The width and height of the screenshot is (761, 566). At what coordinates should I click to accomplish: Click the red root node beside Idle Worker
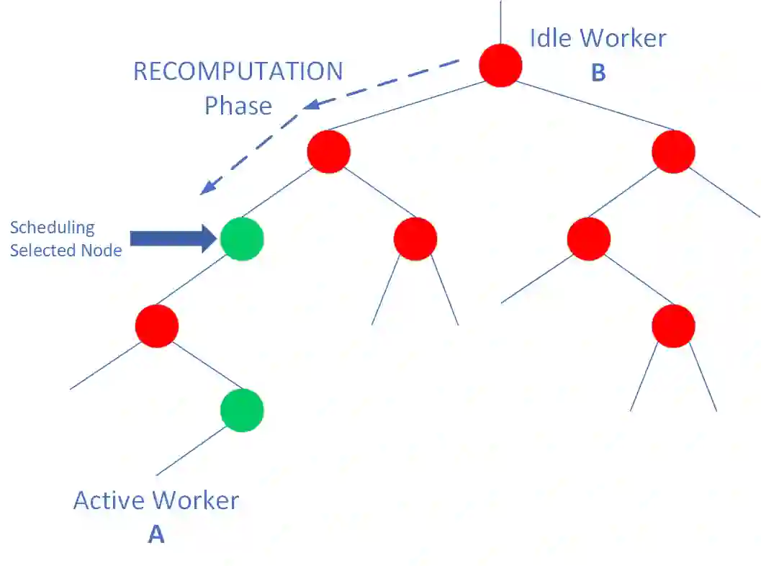click(500, 66)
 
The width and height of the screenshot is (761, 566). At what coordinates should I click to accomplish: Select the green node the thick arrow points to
click(242, 238)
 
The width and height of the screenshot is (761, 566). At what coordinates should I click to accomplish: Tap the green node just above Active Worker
click(242, 410)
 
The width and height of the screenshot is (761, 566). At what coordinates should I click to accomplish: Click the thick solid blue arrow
click(173, 238)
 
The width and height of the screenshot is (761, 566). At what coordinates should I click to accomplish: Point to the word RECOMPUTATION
click(238, 71)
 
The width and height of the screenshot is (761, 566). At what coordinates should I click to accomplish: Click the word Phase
click(238, 106)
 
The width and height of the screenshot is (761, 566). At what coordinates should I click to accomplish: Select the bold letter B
click(598, 73)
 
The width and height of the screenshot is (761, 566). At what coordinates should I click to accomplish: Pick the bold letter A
click(156, 534)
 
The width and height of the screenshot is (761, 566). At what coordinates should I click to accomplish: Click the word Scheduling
click(52, 228)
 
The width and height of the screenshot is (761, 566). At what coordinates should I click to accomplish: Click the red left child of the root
click(328, 152)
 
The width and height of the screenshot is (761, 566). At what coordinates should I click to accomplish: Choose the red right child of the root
click(673, 152)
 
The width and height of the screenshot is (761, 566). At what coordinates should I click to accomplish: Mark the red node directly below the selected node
click(156, 325)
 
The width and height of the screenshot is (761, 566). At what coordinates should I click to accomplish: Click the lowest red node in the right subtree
click(673, 326)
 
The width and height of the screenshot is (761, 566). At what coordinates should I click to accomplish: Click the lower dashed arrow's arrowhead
click(206, 189)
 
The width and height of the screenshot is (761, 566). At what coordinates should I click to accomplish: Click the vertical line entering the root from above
click(500, 22)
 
